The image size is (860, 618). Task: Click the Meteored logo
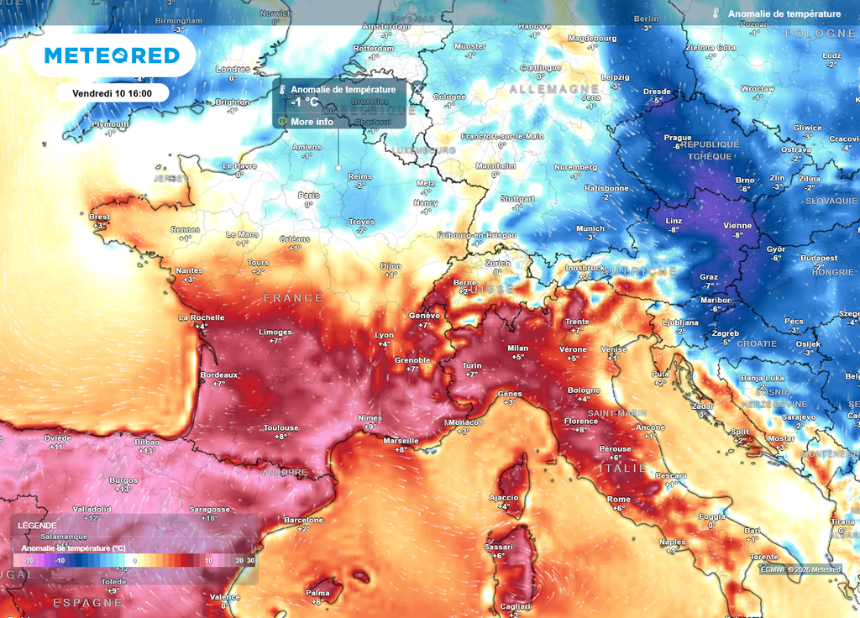pos(112,55)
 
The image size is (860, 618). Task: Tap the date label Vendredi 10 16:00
pos(112,92)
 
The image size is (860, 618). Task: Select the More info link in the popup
pos(312,122)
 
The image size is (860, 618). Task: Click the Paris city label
pos(308,196)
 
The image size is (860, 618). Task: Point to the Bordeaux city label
pos(219,374)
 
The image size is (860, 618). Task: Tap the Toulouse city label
pos(281,427)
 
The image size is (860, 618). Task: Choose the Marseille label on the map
pos(401,441)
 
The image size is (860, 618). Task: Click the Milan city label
pos(518,348)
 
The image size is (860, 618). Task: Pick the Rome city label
pos(618,500)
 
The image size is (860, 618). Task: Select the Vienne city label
pos(738,226)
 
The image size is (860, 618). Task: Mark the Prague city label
pos(677,138)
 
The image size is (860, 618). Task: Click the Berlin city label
pos(646,18)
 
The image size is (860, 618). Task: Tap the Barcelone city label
pos(303,520)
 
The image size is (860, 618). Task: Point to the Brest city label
pos(99,217)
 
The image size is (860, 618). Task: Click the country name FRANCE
pos(293,298)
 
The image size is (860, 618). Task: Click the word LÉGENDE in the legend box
pos(37,526)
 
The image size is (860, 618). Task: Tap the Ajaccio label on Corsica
pos(504,497)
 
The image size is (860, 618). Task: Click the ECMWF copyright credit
pos(800,569)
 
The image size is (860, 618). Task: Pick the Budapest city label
pos(819,258)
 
